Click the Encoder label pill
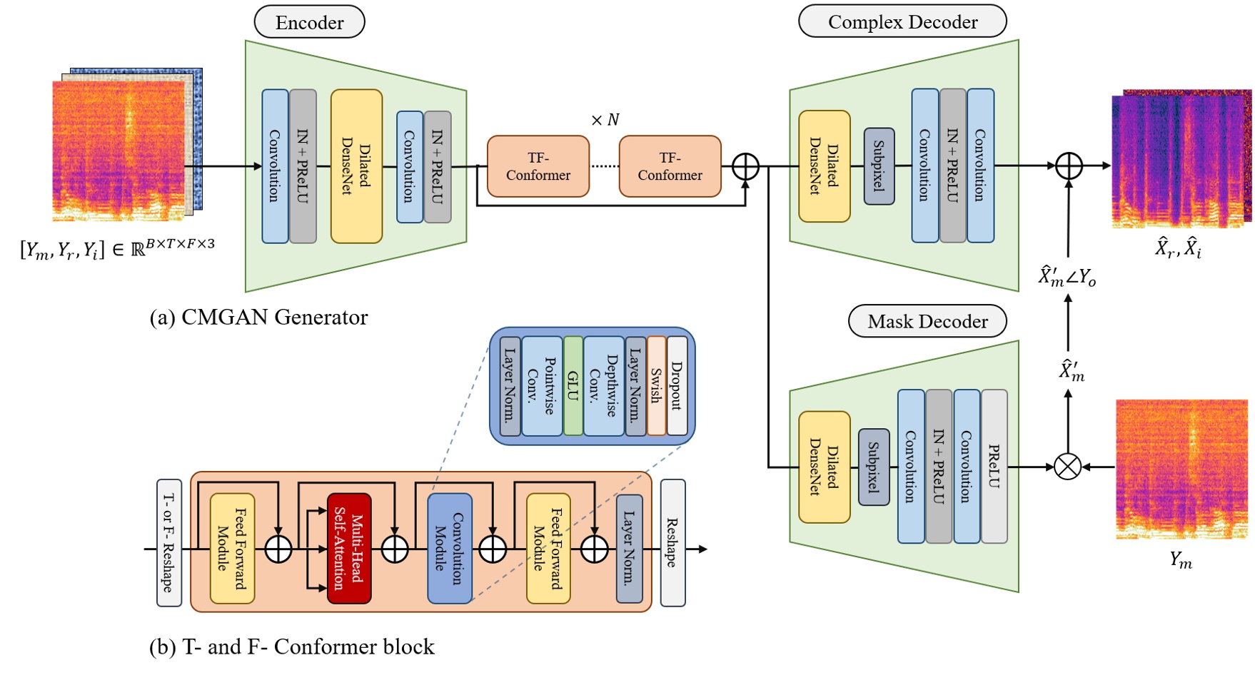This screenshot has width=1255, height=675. click(309, 22)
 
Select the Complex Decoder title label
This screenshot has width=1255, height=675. click(902, 21)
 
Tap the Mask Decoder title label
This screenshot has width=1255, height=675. click(927, 321)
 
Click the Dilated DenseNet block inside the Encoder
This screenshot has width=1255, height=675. click(356, 166)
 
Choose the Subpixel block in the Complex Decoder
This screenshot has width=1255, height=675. click(879, 166)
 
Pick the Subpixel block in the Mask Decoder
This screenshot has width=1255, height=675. click(874, 467)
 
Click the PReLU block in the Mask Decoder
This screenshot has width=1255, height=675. click(994, 466)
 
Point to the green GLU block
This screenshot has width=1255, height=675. click(573, 386)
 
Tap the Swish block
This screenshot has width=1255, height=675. click(656, 386)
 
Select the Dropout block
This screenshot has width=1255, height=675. click(677, 386)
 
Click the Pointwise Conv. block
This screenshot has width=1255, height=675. click(542, 386)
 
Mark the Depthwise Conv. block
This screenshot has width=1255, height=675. click(604, 386)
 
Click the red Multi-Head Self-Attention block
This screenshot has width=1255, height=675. click(349, 548)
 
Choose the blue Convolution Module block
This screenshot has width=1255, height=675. click(450, 548)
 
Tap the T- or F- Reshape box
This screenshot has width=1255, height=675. click(169, 543)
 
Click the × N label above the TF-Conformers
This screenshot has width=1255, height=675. click(605, 120)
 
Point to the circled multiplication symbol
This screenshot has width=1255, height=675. click(1068, 467)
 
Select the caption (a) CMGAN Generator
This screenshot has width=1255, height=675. click(258, 317)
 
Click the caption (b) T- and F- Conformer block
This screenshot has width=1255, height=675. click(291, 646)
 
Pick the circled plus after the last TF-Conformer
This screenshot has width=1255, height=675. click(745, 166)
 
